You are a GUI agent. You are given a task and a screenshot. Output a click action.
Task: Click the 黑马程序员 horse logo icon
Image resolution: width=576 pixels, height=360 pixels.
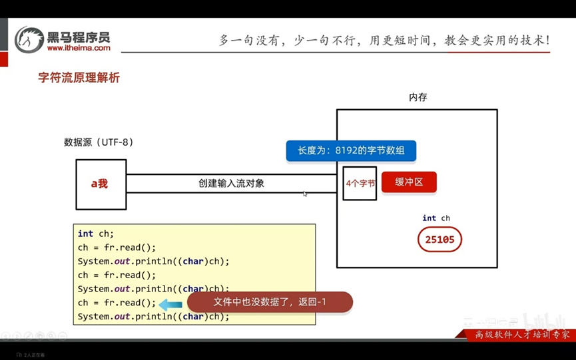click(29, 40)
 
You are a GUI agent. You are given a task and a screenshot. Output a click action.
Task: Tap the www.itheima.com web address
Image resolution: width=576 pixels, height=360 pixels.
click(79, 48)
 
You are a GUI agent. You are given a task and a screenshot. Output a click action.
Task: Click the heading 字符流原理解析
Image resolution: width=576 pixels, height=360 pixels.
click(79, 78)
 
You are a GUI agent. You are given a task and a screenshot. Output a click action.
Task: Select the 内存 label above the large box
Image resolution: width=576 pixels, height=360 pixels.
click(418, 97)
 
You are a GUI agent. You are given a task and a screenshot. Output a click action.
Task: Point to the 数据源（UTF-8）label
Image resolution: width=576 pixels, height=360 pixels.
click(99, 142)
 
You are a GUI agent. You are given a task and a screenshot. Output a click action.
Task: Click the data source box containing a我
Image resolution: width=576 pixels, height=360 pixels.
click(101, 184)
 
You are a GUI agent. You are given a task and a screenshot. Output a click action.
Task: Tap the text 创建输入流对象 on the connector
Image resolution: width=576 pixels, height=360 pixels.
click(231, 183)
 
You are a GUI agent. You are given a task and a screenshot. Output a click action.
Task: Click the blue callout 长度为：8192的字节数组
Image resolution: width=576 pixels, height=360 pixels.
click(351, 150)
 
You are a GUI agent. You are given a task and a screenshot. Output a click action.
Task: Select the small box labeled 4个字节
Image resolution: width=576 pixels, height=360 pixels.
click(360, 183)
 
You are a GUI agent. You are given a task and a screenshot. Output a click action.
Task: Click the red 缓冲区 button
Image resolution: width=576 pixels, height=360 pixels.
click(409, 182)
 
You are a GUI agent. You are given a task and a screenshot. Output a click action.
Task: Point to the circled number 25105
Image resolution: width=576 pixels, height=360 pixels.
click(439, 240)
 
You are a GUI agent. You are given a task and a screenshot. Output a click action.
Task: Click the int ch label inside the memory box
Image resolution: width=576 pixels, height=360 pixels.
click(436, 218)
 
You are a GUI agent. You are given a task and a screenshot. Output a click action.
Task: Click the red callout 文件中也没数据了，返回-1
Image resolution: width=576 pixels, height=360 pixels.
click(270, 302)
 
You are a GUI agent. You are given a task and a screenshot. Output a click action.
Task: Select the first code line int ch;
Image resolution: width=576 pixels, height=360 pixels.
click(96, 234)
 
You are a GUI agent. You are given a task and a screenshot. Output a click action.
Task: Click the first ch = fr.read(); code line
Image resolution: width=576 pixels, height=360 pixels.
click(117, 248)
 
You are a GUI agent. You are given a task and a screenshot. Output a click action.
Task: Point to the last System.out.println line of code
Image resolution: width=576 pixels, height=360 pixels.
click(153, 317)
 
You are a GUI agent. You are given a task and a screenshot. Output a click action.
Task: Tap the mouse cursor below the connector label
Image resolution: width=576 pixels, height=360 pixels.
click(305, 194)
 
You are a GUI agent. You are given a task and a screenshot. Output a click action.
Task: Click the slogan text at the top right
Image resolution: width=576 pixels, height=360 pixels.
click(384, 40)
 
